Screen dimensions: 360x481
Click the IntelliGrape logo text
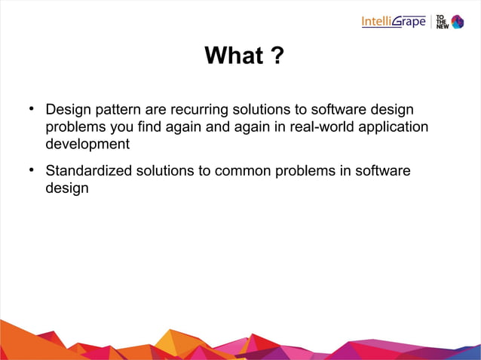(x=393, y=21)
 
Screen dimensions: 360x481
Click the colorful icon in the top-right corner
(x=457, y=22)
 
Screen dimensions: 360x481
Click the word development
(x=87, y=144)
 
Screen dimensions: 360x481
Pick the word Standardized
(x=89, y=171)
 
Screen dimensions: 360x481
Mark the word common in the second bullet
(x=241, y=171)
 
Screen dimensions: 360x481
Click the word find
(x=143, y=127)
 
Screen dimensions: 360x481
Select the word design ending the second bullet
(x=66, y=188)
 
